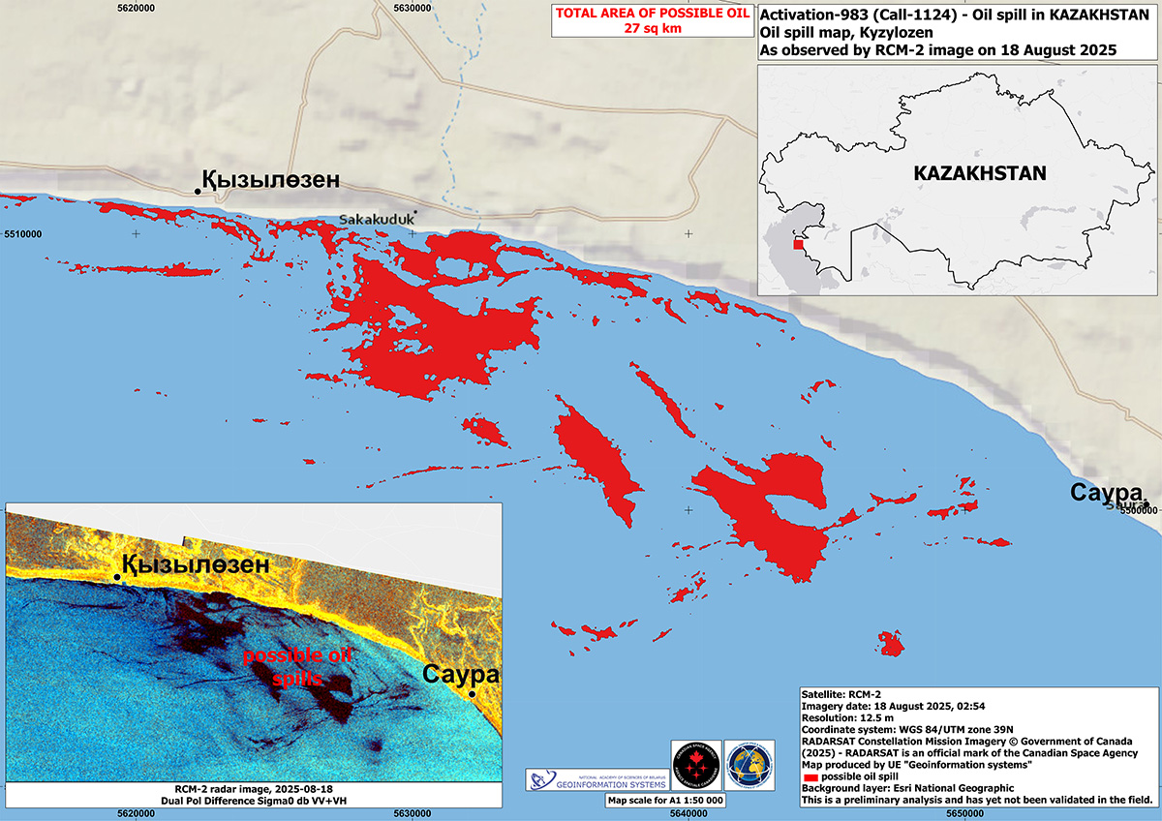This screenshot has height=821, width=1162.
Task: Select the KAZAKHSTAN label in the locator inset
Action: (979, 173)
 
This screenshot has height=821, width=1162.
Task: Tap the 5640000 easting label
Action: (690, 813)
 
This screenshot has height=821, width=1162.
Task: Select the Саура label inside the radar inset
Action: (461, 675)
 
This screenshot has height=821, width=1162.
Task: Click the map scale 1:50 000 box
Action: (666, 801)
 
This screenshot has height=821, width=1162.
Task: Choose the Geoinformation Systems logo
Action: (594, 779)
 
